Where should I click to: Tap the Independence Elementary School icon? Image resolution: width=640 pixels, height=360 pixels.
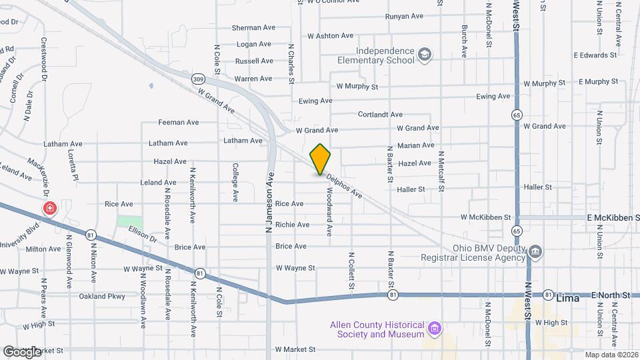[x=425, y=55]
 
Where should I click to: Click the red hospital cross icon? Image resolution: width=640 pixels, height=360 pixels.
[x=49, y=209]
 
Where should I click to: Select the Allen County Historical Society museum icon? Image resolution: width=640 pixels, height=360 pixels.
[x=435, y=329]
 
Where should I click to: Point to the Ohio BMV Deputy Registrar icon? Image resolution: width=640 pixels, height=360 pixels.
[x=535, y=251]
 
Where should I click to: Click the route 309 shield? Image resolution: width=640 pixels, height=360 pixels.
[x=198, y=79]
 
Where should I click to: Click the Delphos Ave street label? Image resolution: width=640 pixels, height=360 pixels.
[x=344, y=187]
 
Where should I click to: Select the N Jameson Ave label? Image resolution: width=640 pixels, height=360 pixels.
[x=270, y=203]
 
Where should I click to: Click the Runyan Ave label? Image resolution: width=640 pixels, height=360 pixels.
[x=404, y=16]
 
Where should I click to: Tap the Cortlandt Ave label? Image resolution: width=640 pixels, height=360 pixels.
[x=380, y=115]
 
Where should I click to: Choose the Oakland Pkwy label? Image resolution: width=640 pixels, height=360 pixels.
[x=102, y=296]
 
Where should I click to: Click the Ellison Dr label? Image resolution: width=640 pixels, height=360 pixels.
[x=141, y=234]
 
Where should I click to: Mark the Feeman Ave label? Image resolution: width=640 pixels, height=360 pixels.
[x=178, y=123]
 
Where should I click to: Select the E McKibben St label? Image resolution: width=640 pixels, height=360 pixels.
[x=612, y=218]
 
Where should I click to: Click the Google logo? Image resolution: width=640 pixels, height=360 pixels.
[x=22, y=351]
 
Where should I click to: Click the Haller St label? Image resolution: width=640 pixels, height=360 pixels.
[x=411, y=189]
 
